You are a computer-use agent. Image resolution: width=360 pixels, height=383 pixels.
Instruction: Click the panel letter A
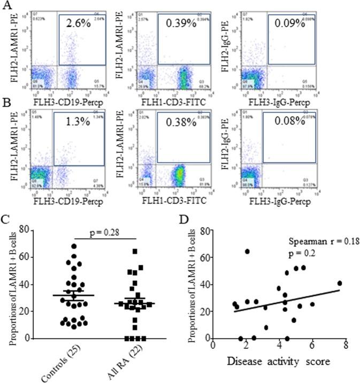coord(8,7)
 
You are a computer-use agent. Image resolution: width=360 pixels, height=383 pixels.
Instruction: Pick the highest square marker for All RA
coord(135,251)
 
